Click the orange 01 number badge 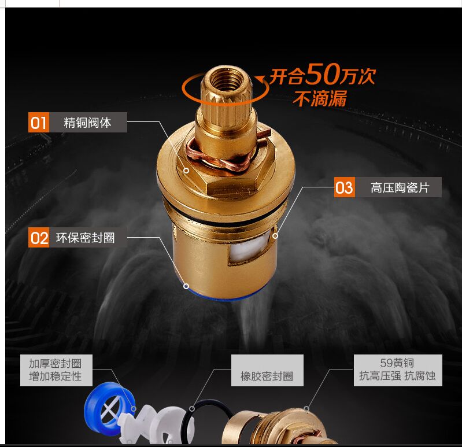[38, 123]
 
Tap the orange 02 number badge [39, 237]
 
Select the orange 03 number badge [344, 187]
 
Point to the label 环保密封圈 [85, 237]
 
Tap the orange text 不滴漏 [319, 99]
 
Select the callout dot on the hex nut [186, 171]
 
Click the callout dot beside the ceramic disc [275, 235]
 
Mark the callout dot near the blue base [186, 286]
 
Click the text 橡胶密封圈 [267, 376]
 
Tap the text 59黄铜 [397, 363]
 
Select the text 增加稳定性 [55, 376]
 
